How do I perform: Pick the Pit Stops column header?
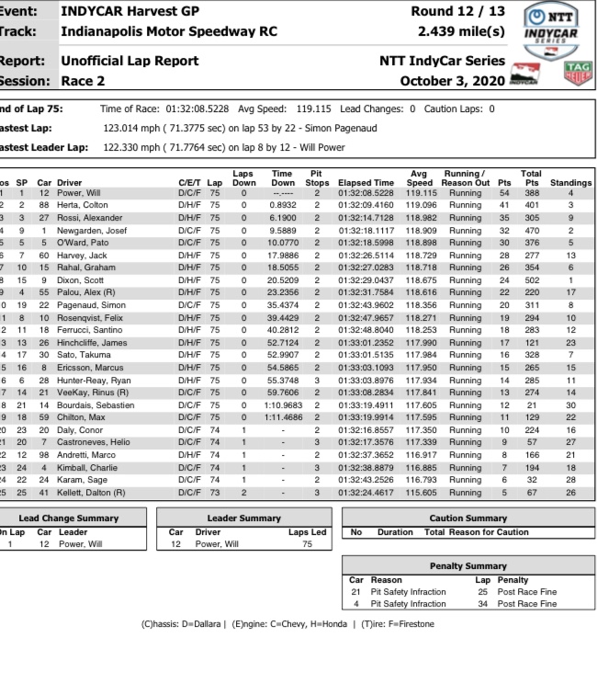tap(316, 177)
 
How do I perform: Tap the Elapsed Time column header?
tap(366, 183)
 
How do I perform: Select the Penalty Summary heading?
tap(467, 566)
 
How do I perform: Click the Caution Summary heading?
tap(467, 518)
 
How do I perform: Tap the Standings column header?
tap(570, 183)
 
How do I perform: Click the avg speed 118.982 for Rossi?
tap(422, 218)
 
